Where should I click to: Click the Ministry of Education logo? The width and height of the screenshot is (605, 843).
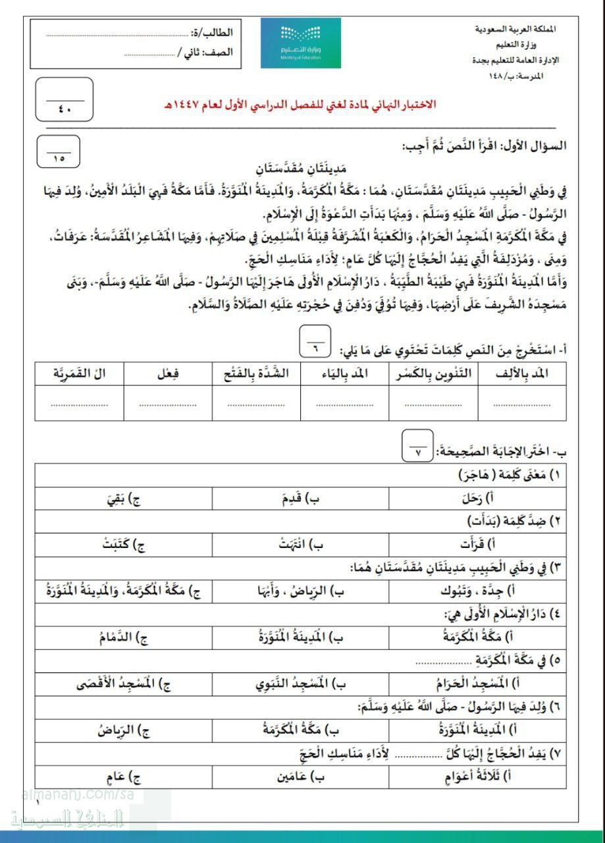coord(300,42)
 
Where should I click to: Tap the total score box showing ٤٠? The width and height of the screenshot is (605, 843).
coord(64,99)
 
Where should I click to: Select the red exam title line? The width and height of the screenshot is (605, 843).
coord(300,105)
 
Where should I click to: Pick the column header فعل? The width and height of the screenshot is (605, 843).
coord(167,374)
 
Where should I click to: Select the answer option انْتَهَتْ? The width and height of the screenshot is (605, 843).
coord(300,545)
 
